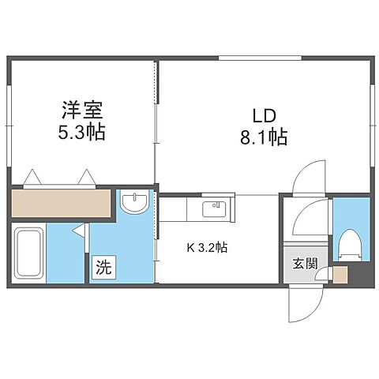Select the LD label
point(265,114)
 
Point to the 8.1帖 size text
point(265,137)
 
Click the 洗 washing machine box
point(103,267)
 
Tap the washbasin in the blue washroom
point(136,205)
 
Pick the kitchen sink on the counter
point(213,208)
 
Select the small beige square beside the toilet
point(339,276)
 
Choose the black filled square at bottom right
point(359,276)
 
